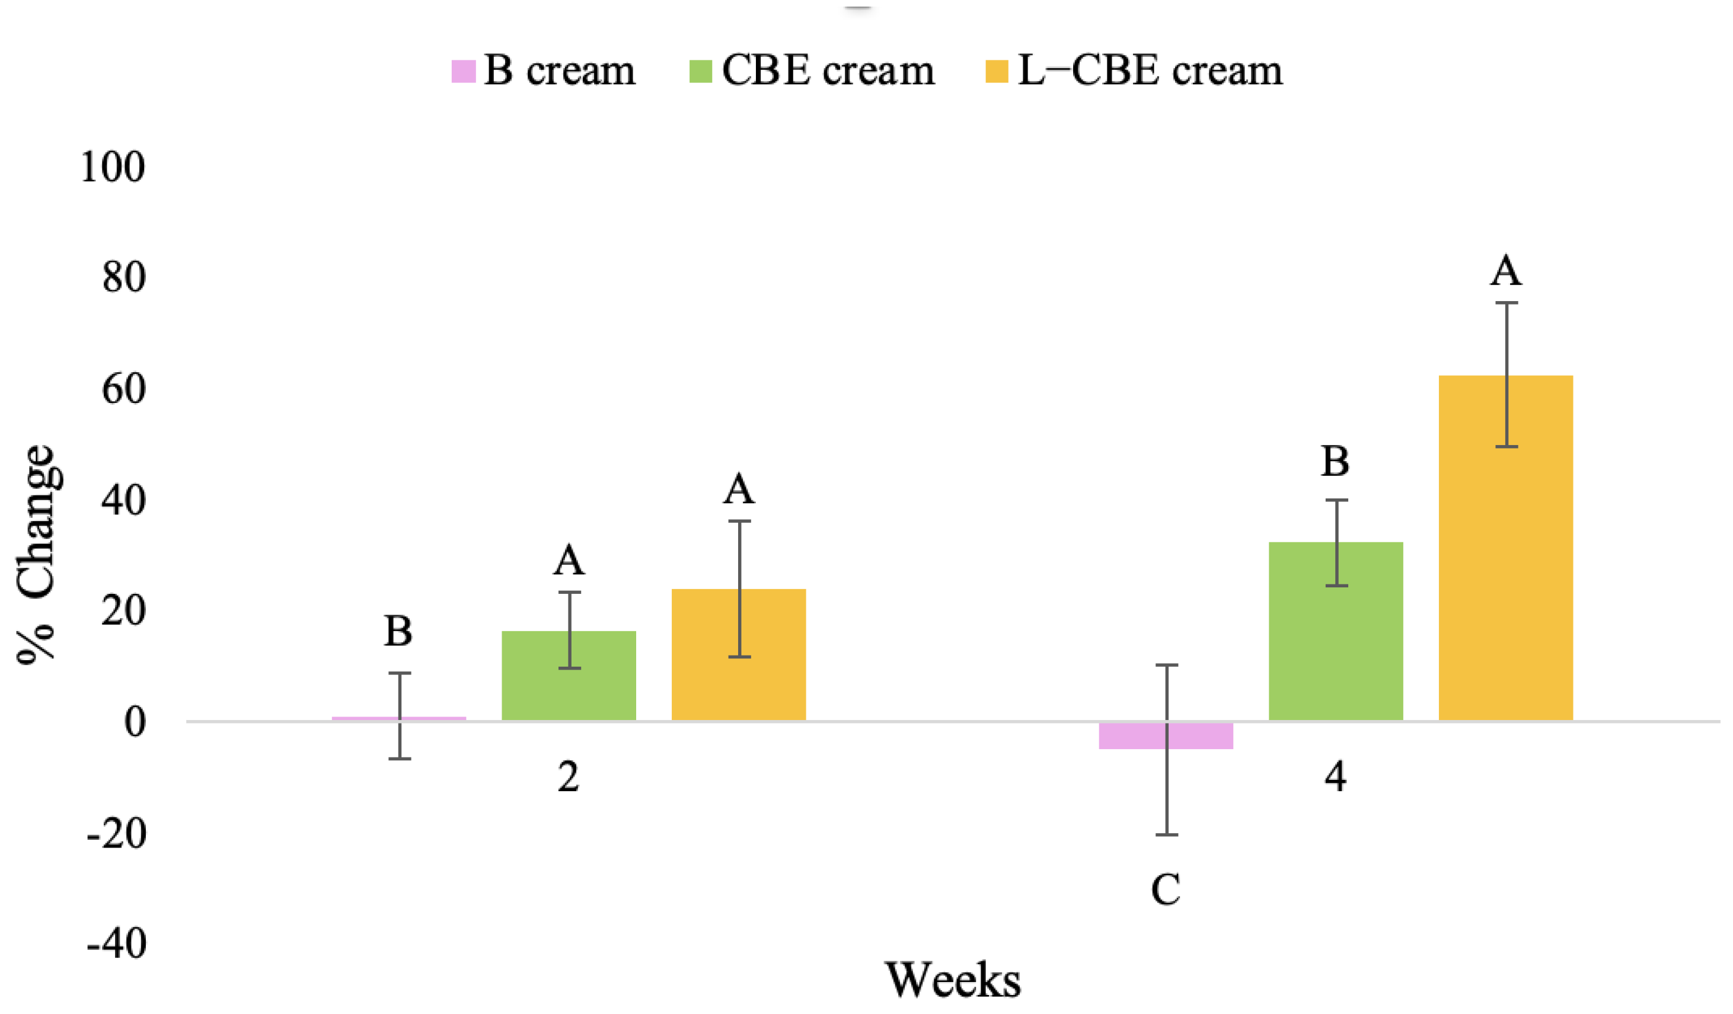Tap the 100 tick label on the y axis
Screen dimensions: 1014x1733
coord(113,167)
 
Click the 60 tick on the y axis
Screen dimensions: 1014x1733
coord(124,390)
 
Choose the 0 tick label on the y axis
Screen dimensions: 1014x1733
coord(135,722)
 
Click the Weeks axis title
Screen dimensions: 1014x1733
coord(952,980)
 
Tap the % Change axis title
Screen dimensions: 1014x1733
coord(36,554)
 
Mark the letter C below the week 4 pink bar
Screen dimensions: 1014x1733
coord(1166,890)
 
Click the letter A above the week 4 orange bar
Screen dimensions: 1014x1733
coord(1505,271)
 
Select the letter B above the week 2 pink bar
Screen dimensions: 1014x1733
coord(398,631)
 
